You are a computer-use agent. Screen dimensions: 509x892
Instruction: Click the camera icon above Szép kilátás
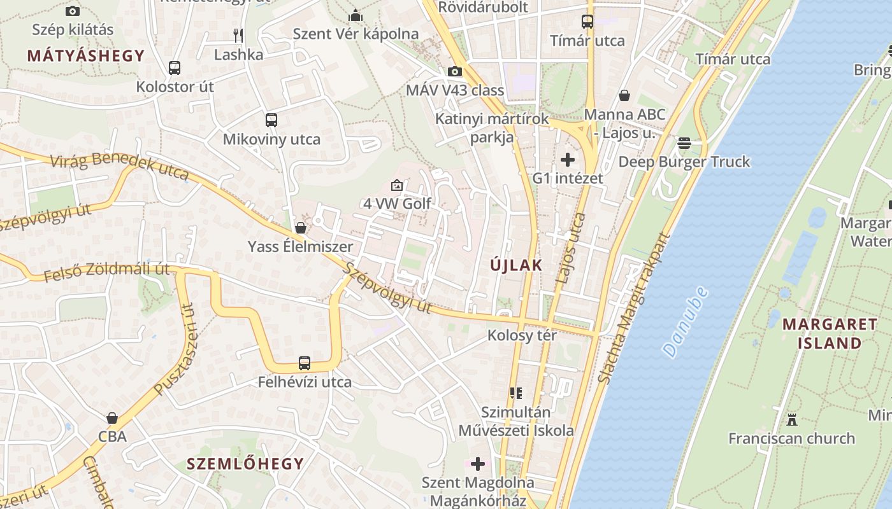pos(73,11)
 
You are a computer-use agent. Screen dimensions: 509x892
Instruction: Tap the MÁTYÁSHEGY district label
pos(86,55)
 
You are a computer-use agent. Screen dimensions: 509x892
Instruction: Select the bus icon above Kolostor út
pos(175,67)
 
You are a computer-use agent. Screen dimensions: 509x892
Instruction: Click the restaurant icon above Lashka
pos(238,34)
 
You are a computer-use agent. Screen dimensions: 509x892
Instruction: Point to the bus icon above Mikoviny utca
pos(271,120)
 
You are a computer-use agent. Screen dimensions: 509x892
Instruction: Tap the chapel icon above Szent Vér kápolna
pos(356,15)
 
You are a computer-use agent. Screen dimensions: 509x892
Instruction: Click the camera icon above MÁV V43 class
pos(455,71)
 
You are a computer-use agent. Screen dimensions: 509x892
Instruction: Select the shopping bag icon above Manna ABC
pos(624,95)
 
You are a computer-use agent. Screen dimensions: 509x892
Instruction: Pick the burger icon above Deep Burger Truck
pos(684,143)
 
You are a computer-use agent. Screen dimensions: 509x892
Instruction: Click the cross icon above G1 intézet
pos(568,159)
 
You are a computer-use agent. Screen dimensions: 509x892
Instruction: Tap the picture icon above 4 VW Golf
pos(397,185)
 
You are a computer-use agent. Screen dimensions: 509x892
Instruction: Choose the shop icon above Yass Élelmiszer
pos(301,227)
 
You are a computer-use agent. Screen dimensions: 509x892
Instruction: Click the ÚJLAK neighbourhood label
pos(516,265)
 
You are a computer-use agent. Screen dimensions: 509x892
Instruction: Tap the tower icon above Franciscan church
pos(792,419)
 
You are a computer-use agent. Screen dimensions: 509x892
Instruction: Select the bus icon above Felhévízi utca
pos(305,363)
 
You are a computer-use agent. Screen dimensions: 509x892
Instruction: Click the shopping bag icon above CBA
pos(112,418)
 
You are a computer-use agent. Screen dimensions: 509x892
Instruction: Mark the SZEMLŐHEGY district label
pos(245,464)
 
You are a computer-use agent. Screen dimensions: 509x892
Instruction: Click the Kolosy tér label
pos(522,335)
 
